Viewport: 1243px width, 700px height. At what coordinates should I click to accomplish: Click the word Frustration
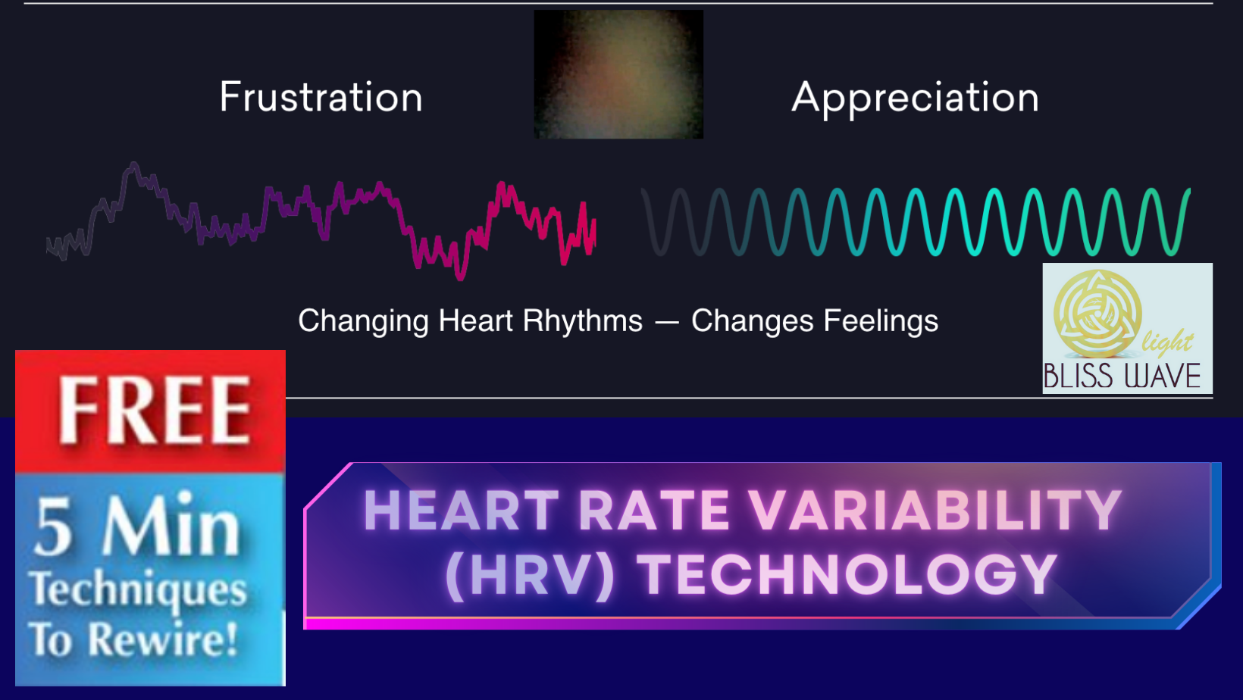(x=321, y=98)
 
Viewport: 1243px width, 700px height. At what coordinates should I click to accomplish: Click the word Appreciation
(x=915, y=98)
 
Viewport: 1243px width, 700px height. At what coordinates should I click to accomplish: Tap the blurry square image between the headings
(x=618, y=74)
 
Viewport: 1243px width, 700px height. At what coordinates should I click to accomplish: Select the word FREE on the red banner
(x=155, y=411)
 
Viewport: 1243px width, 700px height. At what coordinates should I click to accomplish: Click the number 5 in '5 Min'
(x=55, y=528)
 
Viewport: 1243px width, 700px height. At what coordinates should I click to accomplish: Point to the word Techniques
(x=138, y=591)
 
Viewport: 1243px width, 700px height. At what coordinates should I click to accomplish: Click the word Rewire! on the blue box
(x=163, y=639)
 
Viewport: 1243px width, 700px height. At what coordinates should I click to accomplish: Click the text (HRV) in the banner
(x=530, y=575)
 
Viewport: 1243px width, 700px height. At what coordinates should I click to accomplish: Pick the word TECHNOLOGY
(x=847, y=575)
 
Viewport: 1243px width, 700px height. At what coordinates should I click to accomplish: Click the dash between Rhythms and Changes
(x=667, y=323)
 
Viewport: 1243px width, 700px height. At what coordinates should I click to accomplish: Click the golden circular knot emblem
(x=1097, y=314)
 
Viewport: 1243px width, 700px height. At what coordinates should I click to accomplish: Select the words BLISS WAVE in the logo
(x=1122, y=377)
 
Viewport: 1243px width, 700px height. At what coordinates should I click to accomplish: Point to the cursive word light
(x=1167, y=342)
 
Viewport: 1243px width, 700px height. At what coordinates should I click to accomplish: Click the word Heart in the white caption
(x=476, y=321)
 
